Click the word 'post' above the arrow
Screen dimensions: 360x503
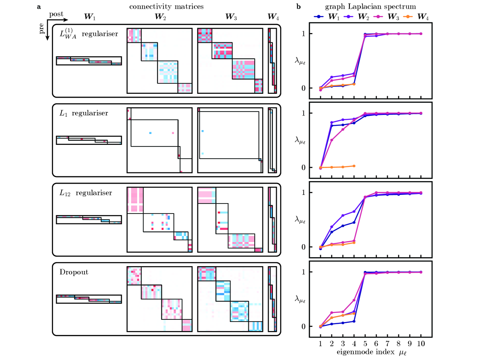point(56,14)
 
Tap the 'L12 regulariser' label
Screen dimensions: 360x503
point(85,193)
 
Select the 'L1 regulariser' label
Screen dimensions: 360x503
point(83,113)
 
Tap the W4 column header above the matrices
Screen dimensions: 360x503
point(273,18)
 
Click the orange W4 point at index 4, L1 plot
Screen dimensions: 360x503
point(354,166)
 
